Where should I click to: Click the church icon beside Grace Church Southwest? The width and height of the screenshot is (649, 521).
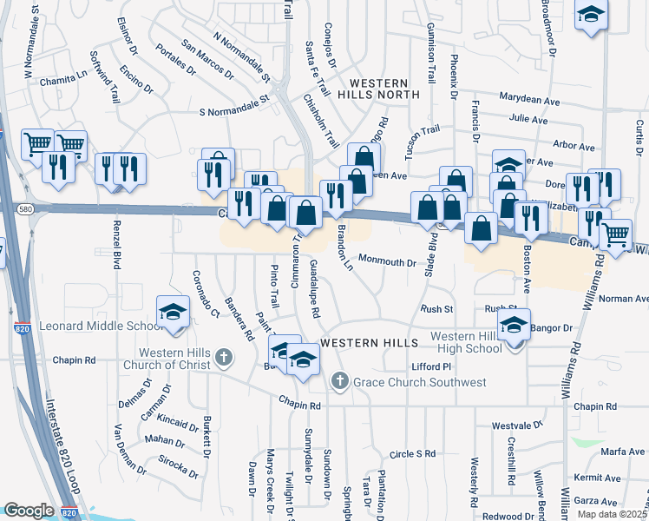coord(340,380)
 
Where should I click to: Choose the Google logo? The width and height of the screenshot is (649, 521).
coord(29,511)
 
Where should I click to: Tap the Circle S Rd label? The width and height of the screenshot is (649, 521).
coord(412,453)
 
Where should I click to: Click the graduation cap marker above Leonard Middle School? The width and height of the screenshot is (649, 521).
coord(173,313)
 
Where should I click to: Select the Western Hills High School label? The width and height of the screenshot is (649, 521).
coord(465,342)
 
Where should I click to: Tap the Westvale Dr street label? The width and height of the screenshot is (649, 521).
coord(516,425)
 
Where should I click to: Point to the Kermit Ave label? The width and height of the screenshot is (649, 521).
coord(598,478)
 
